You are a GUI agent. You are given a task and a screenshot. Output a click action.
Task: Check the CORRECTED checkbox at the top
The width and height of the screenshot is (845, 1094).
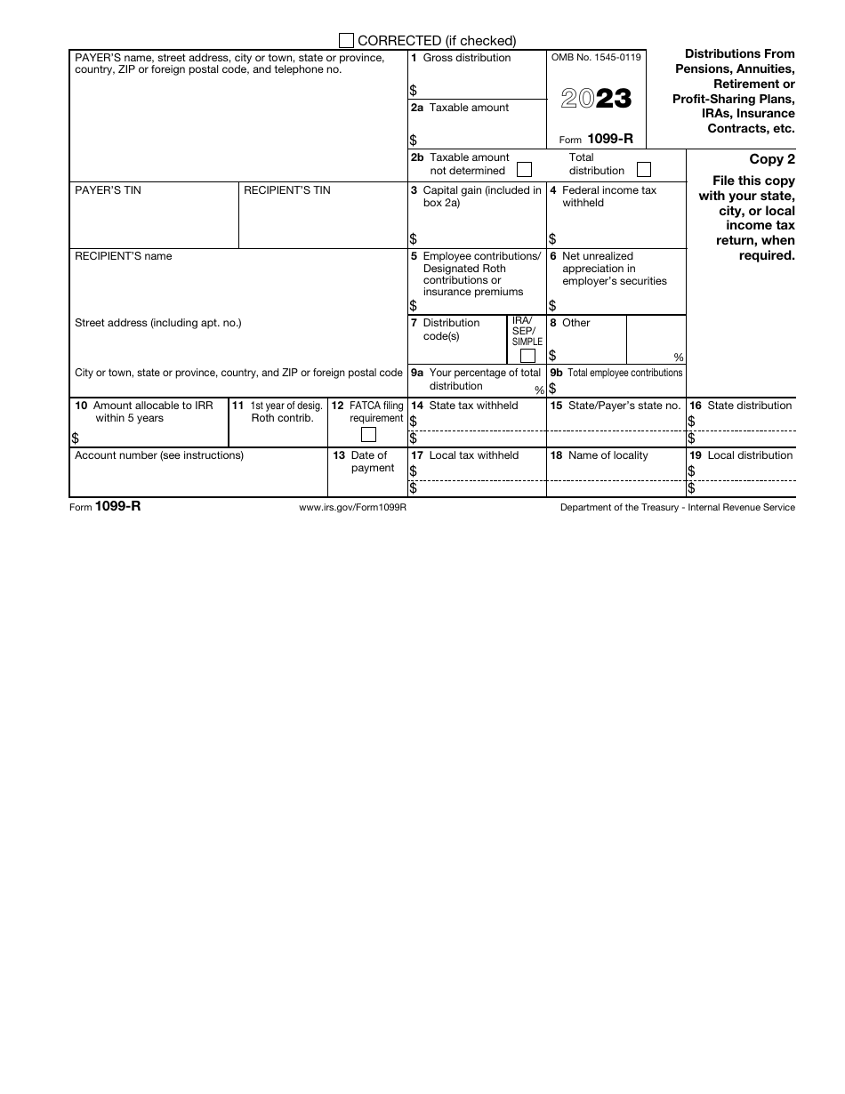347,40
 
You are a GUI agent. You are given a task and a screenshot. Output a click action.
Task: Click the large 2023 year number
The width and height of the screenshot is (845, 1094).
596,99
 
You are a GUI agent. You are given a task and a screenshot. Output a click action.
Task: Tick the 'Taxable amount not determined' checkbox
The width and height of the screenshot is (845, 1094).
525,169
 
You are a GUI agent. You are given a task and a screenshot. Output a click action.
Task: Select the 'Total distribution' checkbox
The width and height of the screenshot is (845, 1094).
644,169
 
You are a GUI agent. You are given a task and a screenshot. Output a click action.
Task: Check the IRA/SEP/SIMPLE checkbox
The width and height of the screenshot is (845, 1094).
527,356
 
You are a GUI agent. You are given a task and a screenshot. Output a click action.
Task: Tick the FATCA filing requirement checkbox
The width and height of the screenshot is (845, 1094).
368,435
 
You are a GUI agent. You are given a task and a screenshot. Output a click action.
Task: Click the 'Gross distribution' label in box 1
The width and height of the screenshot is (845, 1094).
466,58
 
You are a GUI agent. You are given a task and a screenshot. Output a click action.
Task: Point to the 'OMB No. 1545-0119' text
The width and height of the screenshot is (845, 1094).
596,58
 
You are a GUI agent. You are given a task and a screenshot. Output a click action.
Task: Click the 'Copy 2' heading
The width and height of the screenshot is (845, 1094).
772,160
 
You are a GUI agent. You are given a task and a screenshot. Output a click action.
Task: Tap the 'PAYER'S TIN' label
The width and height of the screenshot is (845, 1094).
108,190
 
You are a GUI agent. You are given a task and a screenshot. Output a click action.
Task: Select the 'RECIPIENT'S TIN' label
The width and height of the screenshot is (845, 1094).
287,190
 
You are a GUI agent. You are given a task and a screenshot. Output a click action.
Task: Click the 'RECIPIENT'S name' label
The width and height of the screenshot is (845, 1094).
124,256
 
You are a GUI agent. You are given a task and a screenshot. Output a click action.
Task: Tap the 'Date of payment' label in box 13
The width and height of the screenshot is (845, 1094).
371,462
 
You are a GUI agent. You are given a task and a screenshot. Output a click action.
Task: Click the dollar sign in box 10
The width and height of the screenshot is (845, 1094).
75,438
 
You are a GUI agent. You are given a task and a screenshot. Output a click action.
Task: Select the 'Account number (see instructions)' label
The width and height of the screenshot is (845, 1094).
159,455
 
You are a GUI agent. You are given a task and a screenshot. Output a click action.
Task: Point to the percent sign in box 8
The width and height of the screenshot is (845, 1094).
679,358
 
